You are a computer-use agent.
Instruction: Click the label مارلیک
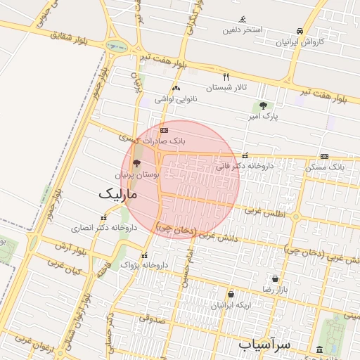coord(118,192)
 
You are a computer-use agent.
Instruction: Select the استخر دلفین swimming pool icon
coord(243,19)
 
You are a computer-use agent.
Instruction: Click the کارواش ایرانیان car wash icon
coord(300,32)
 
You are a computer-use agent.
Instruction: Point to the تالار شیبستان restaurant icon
coord(226,77)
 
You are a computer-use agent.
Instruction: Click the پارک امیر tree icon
coord(262,105)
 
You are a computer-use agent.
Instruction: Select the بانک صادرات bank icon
coord(165,130)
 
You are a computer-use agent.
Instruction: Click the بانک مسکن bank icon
coord(324,156)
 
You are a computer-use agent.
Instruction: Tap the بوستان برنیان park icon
coord(136,162)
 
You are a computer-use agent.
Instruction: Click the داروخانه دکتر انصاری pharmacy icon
coord(104,217)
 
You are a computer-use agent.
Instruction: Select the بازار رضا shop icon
coord(274,278)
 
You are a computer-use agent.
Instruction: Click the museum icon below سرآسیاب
coord(321,349)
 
